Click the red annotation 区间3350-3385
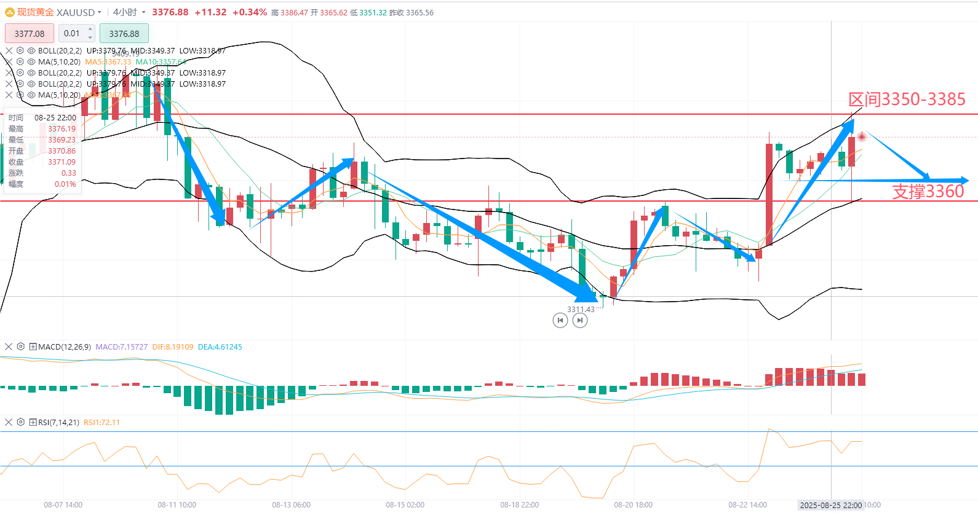coord(907,100)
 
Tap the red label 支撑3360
coord(928,192)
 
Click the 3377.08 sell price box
coord(30,34)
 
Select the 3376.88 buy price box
coord(124,34)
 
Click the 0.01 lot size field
coord(72,34)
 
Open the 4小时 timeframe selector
coord(129,12)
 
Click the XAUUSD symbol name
coord(76,12)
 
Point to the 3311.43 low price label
coord(581,310)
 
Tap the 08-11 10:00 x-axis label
coord(177,505)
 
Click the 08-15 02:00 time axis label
coord(405,505)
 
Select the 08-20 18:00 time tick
coord(633,505)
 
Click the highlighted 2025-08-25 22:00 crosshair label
coord(830,505)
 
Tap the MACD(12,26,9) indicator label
coord(65,347)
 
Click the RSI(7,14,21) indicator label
coord(58,423)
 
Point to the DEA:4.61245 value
coord(220,347)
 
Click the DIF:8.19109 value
coord(172,347)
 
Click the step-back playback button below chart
coord(560,320)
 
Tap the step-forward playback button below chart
coord(580,320)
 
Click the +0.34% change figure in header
coord(249,12)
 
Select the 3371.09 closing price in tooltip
coord(62,162)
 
